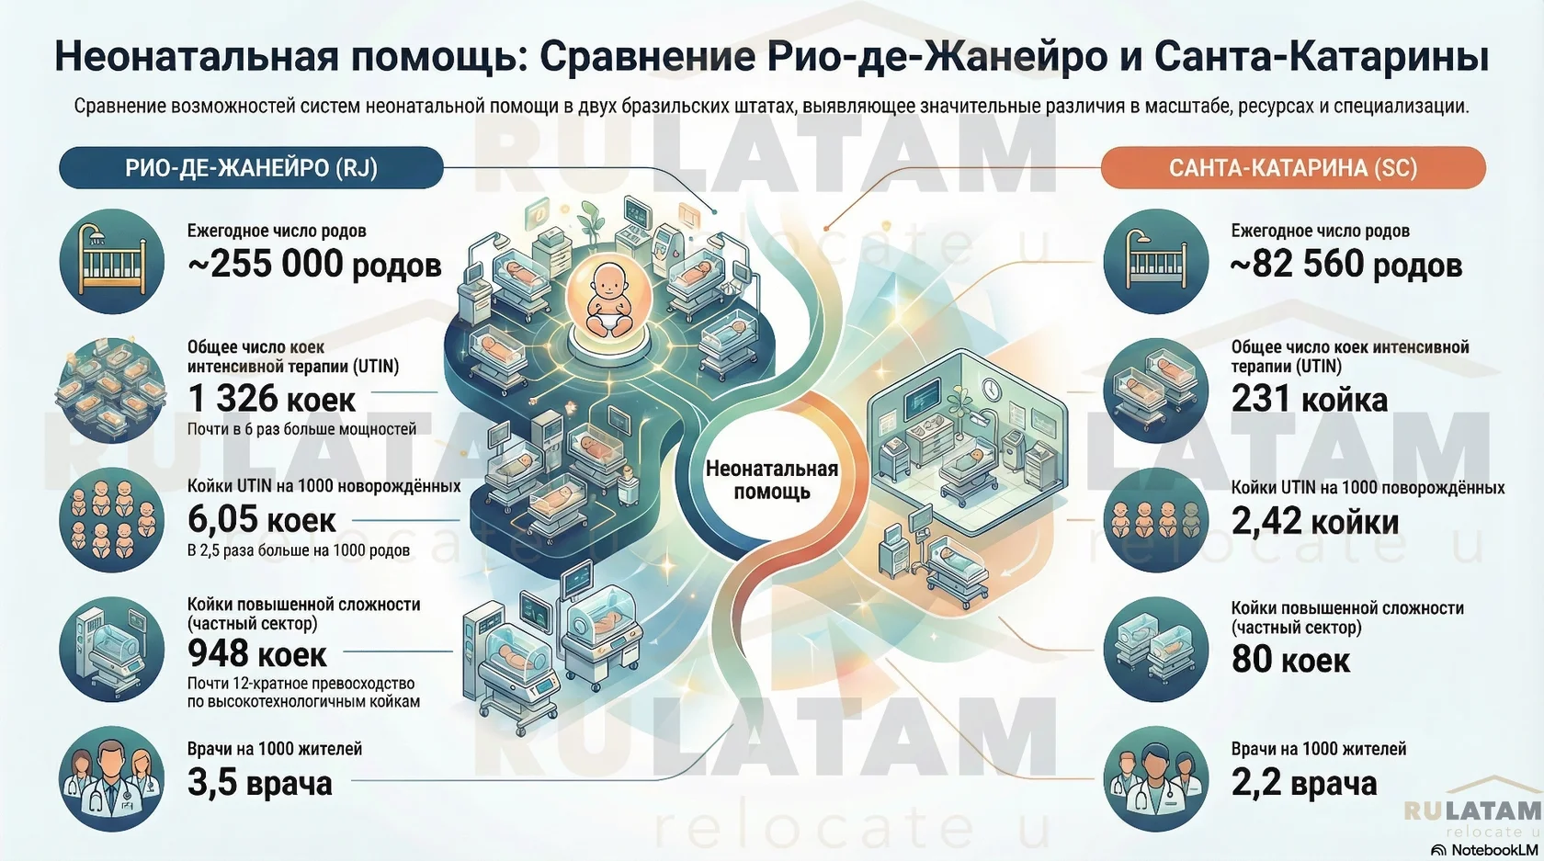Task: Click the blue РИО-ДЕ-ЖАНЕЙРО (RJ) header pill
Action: pyautogui.click(x=251, y=168)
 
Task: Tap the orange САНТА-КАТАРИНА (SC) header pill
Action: pyautogui.click(x=1292, y=168)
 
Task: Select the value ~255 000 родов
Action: pyautogui.click(x=314, y=265)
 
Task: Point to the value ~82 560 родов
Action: pyautogui.click(x=1346, y=265)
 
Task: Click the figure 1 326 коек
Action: pyautogui.click(x=271, y=399)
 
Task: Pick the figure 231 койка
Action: pyautogui.click(x=1309, y=399)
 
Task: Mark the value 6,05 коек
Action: pyautogui.click(x=262, y=520)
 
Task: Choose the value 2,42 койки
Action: pyautogui.click(x=1314, y=521)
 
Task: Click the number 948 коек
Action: pyautogui.click(x=257, y=653)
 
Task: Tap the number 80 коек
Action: pyautogui.click(x=1290, y=659)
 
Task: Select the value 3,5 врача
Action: pyautogui.click(x=260, y=783)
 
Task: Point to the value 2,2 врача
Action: pyautogui.click(x=1303, y=783)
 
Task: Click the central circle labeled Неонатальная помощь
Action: pyautogui.click(x=772, y=480)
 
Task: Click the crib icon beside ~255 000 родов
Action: pyautogui.click(x=111, y=262)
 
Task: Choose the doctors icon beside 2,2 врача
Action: pyautogui.click(x=1155, y=779)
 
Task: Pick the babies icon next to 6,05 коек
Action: pyautogui.click(x=111, y=520)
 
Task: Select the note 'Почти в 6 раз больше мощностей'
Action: pyautogui.click(x=301, y=429)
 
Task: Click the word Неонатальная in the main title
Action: pyautogui.click(x=196, y=57)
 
